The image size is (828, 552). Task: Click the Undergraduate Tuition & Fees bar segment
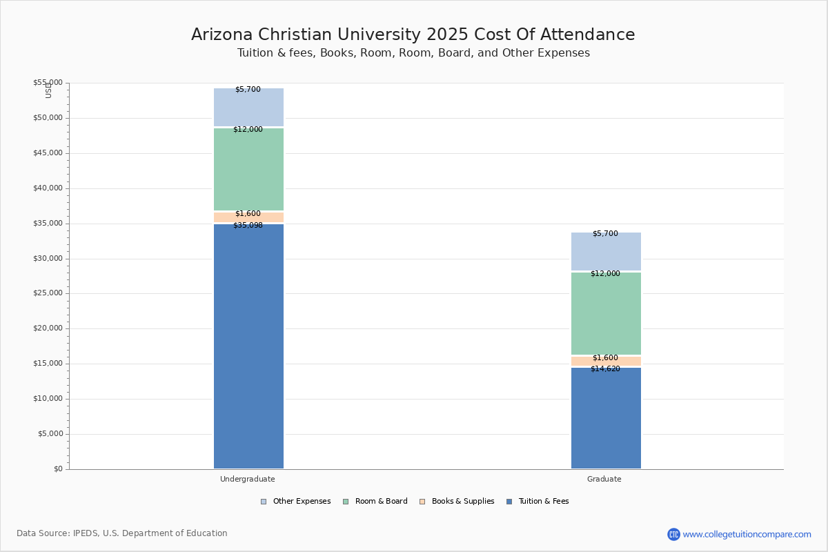pos(249,346)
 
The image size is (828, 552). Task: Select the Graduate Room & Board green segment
pos(606,313)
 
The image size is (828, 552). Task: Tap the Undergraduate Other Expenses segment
pos(249,107)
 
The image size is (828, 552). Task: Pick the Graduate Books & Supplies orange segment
pos(606,362)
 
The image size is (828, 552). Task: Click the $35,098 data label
pos(248,225)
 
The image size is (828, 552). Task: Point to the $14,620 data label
pos(605,368)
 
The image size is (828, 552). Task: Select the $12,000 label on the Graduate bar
pos(605,274)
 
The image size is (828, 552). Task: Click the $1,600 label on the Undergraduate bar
pos(248,213)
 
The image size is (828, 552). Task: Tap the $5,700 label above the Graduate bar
pos(605,233)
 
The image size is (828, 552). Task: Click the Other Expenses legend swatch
pos(264,502)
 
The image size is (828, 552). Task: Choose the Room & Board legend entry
pos(375,502)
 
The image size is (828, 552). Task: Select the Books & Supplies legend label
pos(463,502)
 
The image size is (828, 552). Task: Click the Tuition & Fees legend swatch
pos(509,502)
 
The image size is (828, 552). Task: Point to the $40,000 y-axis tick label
pos(48,188)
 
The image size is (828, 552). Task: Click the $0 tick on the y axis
pos(59,469)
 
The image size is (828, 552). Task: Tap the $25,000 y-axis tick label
pos(48,293)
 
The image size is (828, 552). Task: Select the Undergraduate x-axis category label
pos(248,479)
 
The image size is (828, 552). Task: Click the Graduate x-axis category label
pos(604,479)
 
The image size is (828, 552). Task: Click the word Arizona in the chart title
pos(221,34)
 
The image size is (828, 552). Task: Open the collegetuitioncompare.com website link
pos(747,534)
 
